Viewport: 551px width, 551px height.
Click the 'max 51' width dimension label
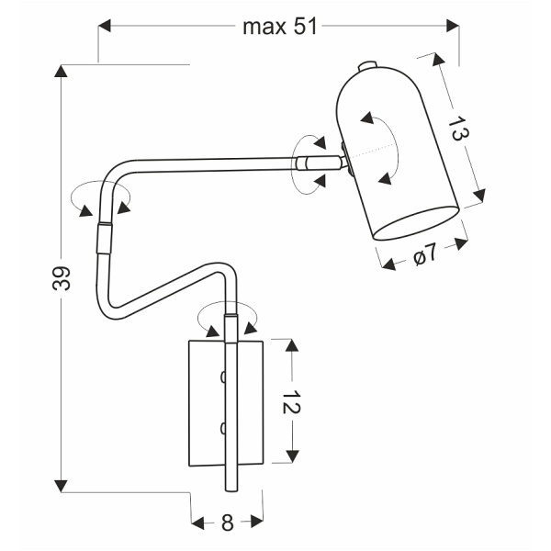[x=279, y=27]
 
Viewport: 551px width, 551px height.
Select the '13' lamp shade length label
[x=458, y=131]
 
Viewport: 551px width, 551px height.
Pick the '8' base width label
[x=227, y=523]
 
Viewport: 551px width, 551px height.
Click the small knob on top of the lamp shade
[x=365, y=66]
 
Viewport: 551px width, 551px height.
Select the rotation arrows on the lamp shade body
[x=378, y=148]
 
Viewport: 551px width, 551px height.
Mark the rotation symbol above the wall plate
[x=227, y=317]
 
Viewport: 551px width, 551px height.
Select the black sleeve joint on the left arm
[x=103, y=238]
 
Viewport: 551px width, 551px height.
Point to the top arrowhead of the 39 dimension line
[x=62, y=72]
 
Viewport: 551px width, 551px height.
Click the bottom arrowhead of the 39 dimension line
[x=62, y=485]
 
